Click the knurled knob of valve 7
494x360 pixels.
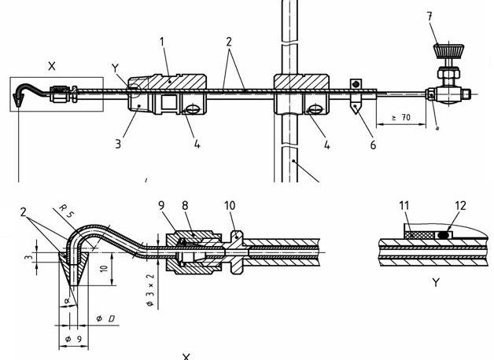pos(448,51)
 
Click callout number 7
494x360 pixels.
pos(429,17)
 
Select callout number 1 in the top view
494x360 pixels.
pos(162,42)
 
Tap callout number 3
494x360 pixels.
pos(118,144)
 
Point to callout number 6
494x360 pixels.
pos(373,145)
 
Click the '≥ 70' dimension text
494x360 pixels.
pos(401,118)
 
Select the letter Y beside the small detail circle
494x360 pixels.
pos(116,68)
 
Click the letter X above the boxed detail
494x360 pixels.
pos(52,66)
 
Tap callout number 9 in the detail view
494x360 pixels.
pos(161,205)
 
